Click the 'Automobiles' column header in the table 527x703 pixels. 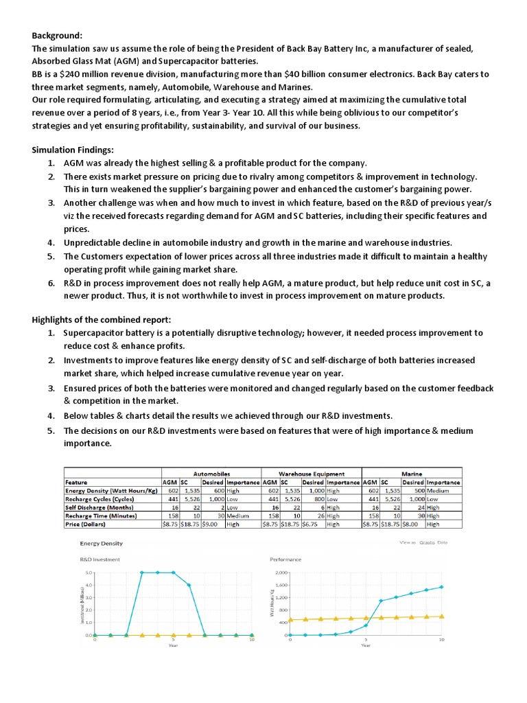[211, 474]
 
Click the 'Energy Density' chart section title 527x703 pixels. [102, 543]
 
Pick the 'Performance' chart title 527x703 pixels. [285, 560]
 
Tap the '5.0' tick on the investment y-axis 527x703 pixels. [89, 572]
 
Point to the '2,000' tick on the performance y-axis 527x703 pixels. [280, 572]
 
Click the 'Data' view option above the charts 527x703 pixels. [442, 542]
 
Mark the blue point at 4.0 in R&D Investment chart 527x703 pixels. [189, 585]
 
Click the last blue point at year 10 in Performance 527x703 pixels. [441, 587]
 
